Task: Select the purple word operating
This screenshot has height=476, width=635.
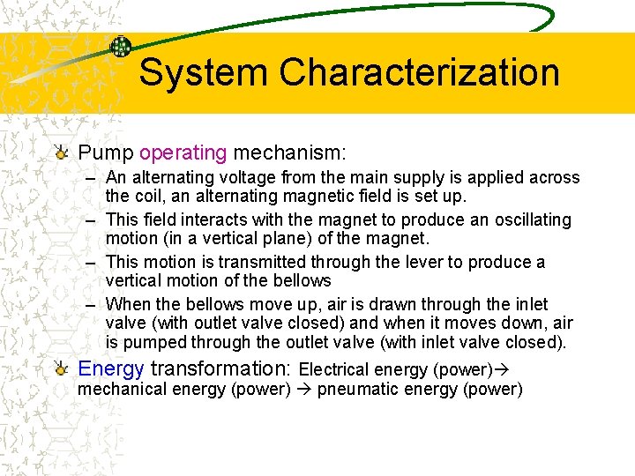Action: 183,152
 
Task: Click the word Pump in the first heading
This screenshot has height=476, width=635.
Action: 106,152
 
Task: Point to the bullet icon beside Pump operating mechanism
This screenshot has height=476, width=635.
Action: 60,152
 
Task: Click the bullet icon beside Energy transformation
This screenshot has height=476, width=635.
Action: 60,368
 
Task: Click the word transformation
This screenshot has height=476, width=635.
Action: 222,368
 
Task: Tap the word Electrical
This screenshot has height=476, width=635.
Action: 334,369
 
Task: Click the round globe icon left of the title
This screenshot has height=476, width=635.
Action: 120,47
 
